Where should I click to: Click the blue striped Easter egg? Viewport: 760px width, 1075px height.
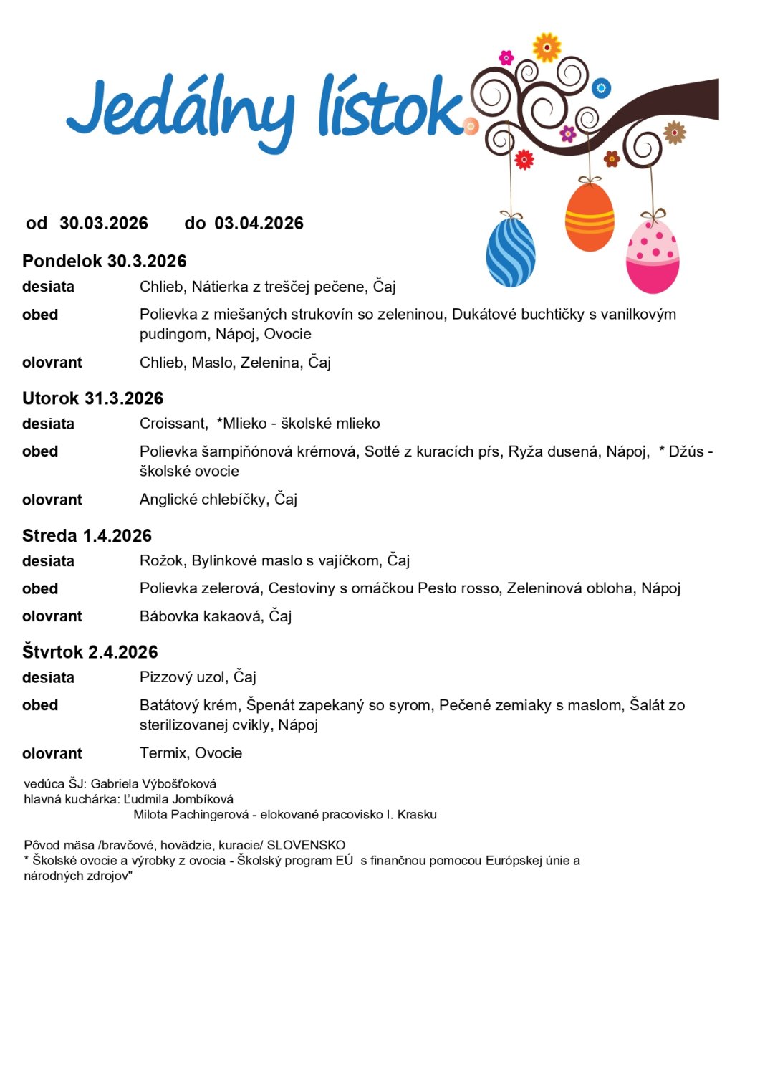pyautogui.click(x=511, y=252)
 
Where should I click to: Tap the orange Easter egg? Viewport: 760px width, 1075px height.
pyautogui.click(x=590, y=217)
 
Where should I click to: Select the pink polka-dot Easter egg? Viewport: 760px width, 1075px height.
pyautogui.click(x=652, y=257)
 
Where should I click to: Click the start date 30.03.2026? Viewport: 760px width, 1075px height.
pyautogui.click(x=104, y=224)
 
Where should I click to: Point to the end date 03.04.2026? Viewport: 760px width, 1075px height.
pyautogui.click(x=259, y=224)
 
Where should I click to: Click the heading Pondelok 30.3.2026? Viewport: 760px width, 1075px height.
pyautogui.click(x=105, y=261)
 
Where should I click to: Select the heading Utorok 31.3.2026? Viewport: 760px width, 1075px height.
pyautogui.click(x=92, y=398)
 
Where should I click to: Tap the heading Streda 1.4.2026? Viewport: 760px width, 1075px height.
pyautogui.click(x=87, y=535)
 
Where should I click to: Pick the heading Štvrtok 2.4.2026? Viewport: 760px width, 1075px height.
pyautogui.click(x=90, y=652)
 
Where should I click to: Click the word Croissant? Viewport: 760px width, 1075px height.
pyautogui.click(x=173, y=424)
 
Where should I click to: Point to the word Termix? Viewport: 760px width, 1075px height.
pyautogui.click(x=163, y=753)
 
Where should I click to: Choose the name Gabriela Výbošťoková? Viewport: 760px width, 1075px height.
pyautogui.click(x=153, y=784)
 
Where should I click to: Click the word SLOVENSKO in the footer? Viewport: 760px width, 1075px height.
pyautogui.click(x=306, y=845)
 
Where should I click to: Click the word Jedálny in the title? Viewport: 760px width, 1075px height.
pyautogui.click(x=179, y=111)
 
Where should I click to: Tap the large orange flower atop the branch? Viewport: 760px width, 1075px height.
pyautogui.click(x=547, y=47)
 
